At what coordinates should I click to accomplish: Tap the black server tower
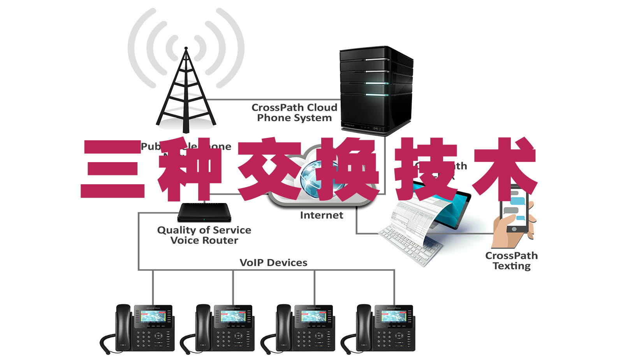(x=375, y=90)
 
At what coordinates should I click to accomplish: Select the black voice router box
(x=204, y=212)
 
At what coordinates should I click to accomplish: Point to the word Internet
(x=322, y=215)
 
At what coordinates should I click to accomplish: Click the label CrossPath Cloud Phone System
(x=294, y=113)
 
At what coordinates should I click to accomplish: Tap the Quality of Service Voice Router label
(x=204, y=235)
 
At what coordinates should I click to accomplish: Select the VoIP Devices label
(x=273, y=263)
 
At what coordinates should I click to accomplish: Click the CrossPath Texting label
(x=511, y=261)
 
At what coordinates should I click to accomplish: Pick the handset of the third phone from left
(x=283, y=323)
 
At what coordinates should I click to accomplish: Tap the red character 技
(x=426, y=169)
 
